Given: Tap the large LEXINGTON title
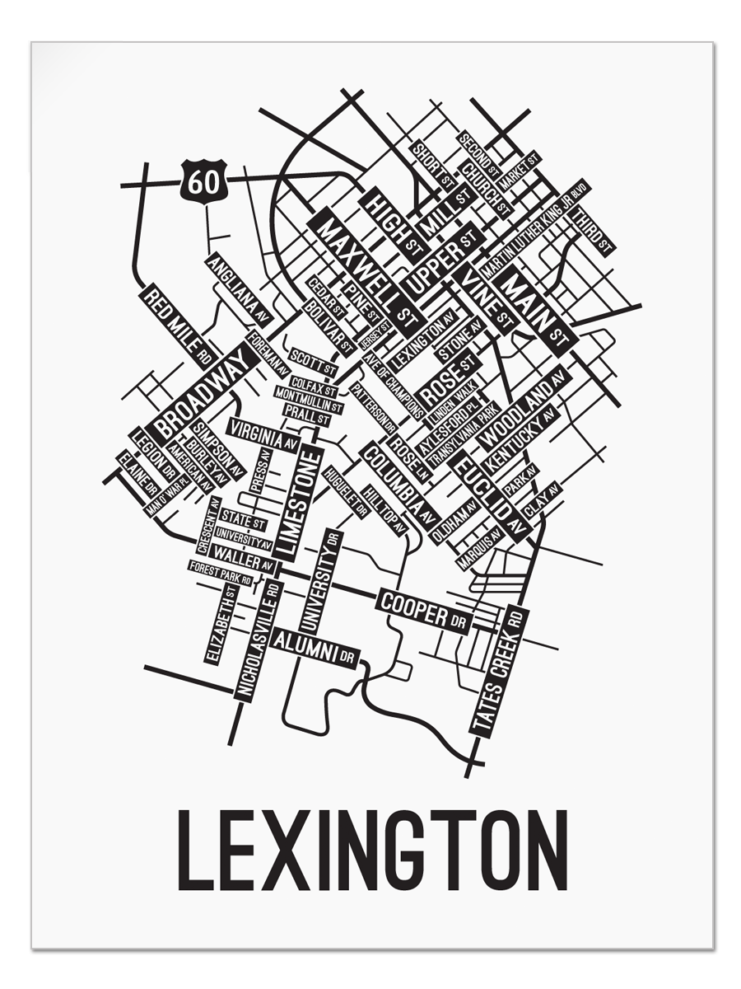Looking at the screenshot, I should [x=372, y=850].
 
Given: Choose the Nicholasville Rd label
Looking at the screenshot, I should [x=259, y=640].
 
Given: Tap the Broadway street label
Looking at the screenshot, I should [x=201, y=392].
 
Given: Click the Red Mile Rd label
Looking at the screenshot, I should [x=178, y=325].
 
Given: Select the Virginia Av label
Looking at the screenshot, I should [x=263, y=434].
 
